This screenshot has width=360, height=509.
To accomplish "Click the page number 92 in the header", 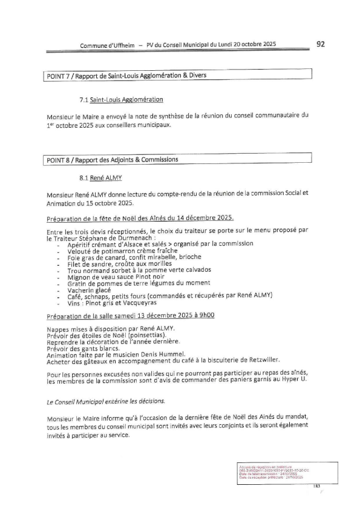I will pos(321,44).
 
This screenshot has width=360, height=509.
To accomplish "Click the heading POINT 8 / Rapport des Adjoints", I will pos(112,160).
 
